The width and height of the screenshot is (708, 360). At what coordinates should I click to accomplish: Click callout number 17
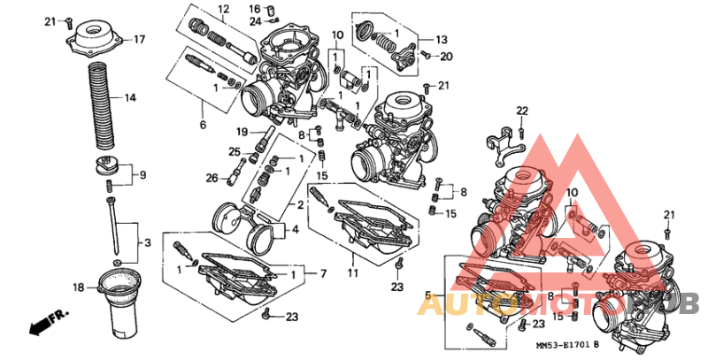tap(138, 40)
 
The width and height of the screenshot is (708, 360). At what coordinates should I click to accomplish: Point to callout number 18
tap(78, 287)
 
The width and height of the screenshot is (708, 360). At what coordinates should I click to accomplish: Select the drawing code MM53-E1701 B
tap(566, 347)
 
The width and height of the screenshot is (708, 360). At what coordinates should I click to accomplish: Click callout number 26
tap(212, 178)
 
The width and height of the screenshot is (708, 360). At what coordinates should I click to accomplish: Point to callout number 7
tap(322, 272)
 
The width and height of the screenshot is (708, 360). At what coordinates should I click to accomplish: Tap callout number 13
tap(442, 40)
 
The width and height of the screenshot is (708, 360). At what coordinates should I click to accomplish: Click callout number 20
tap(446, 56)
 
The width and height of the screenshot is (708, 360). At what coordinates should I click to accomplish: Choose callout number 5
tap(429, 295)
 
